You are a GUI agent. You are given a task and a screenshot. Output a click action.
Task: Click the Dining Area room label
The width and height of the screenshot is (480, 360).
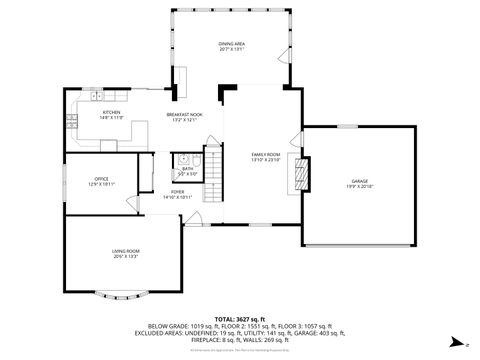(x=232, y=44)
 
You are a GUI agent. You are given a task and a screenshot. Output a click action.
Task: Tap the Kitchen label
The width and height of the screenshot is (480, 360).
(x=111, y=112)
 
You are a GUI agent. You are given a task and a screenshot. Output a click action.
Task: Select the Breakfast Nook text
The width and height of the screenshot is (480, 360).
(x=184, y=116)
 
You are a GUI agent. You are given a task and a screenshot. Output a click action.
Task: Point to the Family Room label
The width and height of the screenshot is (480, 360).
(x=265, y=154)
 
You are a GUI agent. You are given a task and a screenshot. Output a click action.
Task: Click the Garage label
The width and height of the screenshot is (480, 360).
(x=359, y=181)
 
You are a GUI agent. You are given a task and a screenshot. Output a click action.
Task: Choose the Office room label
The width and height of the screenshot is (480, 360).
(x=101, y=179)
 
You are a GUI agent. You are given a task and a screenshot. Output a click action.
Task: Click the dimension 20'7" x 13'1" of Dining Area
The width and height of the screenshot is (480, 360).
(x=232, y=49)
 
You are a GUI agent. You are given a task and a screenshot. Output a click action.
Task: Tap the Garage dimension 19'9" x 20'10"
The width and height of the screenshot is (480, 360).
(x=359, y=186)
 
